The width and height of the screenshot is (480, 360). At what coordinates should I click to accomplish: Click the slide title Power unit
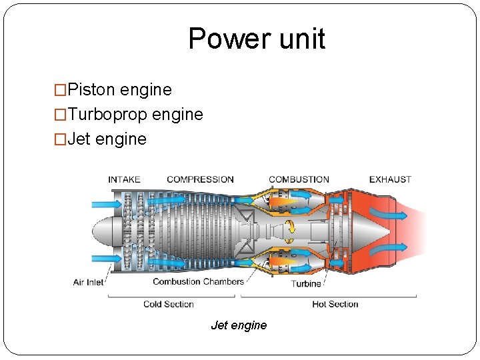pos(257,39)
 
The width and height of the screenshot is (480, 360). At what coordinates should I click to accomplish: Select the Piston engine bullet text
pos(119,90)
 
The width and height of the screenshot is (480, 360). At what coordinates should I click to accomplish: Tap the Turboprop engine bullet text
pos(135,115)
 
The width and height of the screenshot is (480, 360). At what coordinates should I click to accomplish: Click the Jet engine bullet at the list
pos(107,139)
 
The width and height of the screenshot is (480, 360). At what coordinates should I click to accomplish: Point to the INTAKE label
pos(124,179)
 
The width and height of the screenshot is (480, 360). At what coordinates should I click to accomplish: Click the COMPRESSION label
pos(200,179)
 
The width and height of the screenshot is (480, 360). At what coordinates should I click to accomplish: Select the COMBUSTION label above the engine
pos(299,179)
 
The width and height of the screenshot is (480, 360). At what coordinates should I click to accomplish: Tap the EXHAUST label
pos(390,179)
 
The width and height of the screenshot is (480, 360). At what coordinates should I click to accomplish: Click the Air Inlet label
pos(89,282)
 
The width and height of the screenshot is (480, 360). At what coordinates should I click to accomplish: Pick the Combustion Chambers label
pos(198,281)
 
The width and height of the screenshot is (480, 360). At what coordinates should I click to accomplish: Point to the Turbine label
pos(306,283)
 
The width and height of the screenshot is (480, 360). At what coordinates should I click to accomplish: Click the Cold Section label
pos(168,304)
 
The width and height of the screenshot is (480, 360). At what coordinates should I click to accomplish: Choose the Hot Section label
pos(335,304)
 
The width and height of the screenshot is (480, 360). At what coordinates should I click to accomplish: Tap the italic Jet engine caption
pos(239,325)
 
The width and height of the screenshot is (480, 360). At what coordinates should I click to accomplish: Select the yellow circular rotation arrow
pos(291,231)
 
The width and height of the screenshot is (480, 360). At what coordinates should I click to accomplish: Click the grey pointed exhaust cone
pos(370,231)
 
